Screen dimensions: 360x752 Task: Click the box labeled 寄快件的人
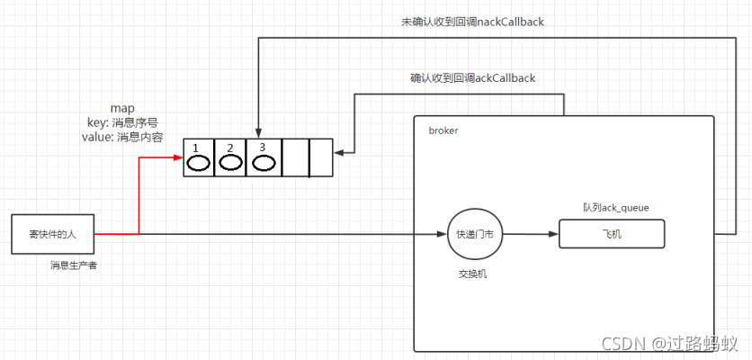point(52,234)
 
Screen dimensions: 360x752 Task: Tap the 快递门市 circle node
point(474,234)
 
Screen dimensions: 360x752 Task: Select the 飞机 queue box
point(612,234)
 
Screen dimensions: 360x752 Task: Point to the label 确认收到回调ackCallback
point(472,78)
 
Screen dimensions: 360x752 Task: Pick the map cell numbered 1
point(199,158)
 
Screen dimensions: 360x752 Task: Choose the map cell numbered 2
point(230,158)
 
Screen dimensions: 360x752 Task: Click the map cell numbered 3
point(262,158)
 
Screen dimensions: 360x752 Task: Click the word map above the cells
point(121,108)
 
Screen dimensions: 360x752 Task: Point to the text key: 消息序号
point(121,122)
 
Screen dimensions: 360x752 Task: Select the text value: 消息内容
point(121,137)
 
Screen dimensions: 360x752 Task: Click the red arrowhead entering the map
point(178,158)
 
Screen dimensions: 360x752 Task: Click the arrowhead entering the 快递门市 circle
point(441,234)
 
